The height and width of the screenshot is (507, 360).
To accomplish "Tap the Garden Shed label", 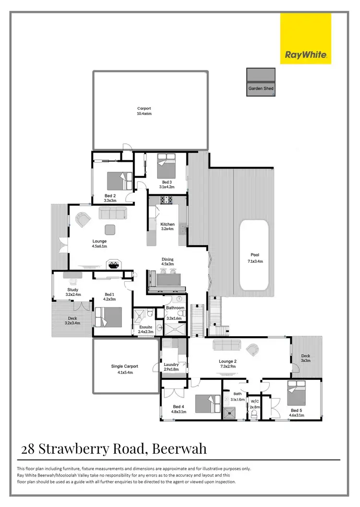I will [x=261, y=89].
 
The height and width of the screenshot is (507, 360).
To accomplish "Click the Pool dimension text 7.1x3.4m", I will [x=254, y=261].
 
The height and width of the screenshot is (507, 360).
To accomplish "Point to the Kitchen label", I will [x=168, y=224].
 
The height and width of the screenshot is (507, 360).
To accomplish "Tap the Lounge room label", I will [x=99, y=241].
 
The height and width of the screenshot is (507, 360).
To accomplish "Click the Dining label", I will [x=167, y=259].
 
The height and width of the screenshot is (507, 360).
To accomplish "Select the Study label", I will [x=72, y=290].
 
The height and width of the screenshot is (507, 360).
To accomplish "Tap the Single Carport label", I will [x=124, y=366].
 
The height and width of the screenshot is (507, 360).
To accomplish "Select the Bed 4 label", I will [x=179, y=407].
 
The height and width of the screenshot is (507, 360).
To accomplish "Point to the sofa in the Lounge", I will [x=113, y=212].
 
